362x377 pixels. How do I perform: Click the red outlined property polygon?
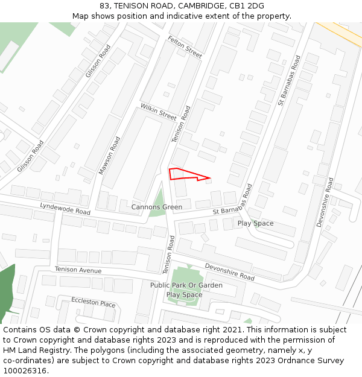point(182,174)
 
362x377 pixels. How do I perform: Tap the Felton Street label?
point(185,46)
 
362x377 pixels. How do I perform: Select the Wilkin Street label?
point(158,112)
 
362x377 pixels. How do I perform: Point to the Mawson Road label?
point(110,156)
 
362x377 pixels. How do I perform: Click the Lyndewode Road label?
point(65,209)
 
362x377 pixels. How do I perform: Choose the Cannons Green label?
point(156,207)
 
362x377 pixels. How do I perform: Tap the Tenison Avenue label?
point(78,270)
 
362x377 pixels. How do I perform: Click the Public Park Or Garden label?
point(186,285)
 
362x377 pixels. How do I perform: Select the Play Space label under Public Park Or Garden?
point(184,294)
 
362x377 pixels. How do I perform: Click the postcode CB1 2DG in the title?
point(247,6)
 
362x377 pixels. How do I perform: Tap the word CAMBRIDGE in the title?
point(200,6)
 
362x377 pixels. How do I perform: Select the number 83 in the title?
point(104,6)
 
